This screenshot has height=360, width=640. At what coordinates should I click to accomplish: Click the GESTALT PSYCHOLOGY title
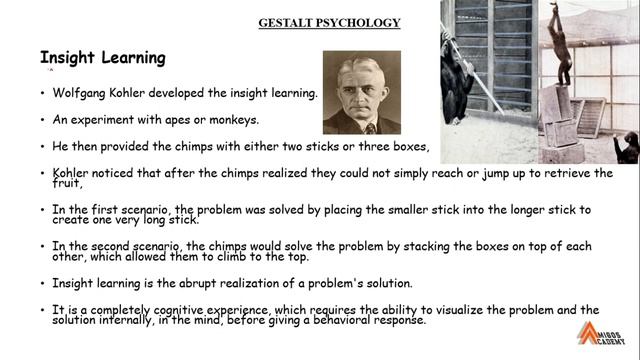click(329, 23)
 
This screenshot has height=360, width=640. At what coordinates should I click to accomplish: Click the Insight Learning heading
click(102, 58)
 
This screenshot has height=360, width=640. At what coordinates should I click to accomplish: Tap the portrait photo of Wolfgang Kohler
click(361, 93)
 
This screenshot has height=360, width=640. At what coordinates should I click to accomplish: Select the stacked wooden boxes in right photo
click(560, 120)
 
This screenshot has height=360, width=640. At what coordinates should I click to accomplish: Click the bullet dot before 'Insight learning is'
click(42, 283)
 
